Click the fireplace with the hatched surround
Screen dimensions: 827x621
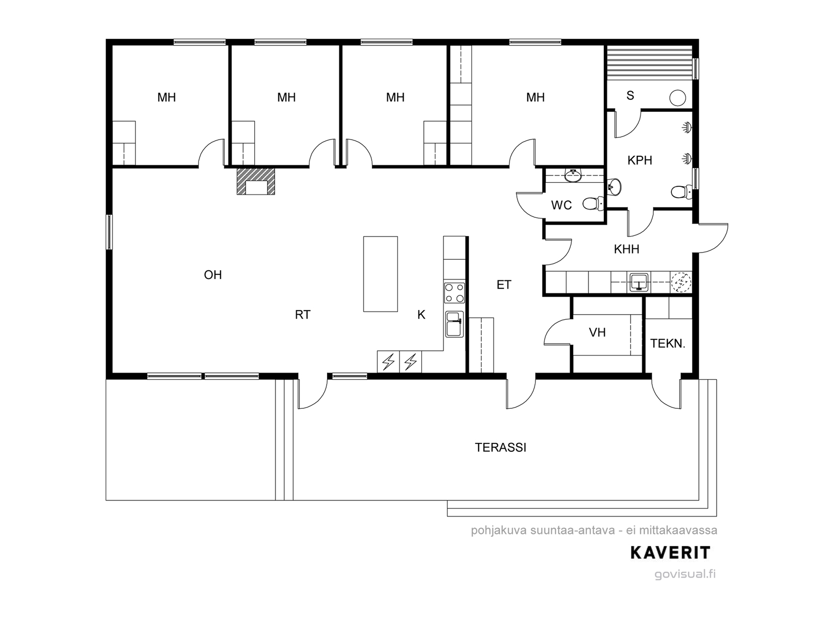(255, 181)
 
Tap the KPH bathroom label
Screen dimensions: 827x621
(639, 160)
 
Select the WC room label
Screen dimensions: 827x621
(561, 205)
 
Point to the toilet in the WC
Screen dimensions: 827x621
(592, 204)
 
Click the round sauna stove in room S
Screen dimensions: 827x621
(677, 98)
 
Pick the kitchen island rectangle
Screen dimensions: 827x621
(380, 274)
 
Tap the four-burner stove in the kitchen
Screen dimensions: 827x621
(454, 293)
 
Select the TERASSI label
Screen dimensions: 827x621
(500, 448)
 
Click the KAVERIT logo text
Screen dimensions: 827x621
(670, 553)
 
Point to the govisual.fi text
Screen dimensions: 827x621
(685, 574)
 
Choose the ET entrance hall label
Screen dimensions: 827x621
(504, 285)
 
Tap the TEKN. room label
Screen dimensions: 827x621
(668, 344)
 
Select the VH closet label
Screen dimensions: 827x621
(597, 333)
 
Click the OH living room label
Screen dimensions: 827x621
(212, 275)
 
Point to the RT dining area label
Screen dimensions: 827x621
(302, 315)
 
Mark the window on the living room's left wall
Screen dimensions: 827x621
(109, 232)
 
